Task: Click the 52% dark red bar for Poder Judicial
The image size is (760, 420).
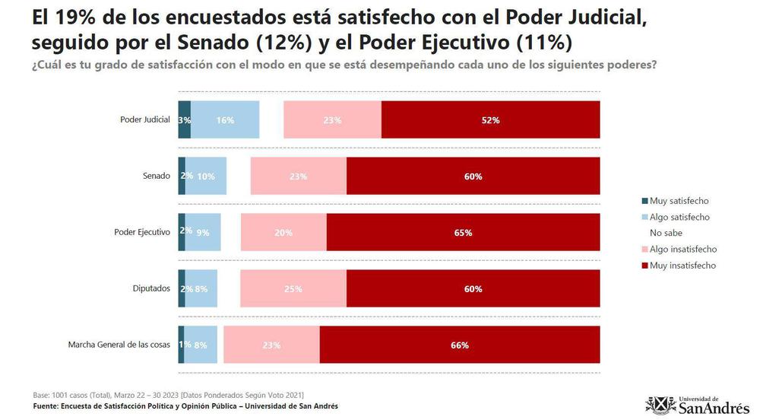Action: [490, 120]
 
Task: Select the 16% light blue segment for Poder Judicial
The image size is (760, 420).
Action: [225, 120]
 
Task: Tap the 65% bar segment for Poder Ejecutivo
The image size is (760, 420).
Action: [463, 232]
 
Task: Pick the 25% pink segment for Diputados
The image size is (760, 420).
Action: [293, 288]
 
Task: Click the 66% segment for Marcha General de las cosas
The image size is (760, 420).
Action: [460, 345]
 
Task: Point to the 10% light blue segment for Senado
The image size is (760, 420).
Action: [207, 177]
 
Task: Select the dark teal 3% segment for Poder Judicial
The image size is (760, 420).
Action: [184, 120]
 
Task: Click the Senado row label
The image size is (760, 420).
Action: [156, 177]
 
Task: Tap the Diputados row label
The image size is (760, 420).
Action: [151, 288]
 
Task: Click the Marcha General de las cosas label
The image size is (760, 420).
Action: [119, 345]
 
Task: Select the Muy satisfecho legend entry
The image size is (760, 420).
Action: [679, 201]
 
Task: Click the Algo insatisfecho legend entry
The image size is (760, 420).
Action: [682, 249]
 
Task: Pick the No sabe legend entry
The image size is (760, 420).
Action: [667, 233]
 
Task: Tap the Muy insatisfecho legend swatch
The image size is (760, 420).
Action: [644, 266]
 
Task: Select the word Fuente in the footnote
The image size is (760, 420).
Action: [48, 406]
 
